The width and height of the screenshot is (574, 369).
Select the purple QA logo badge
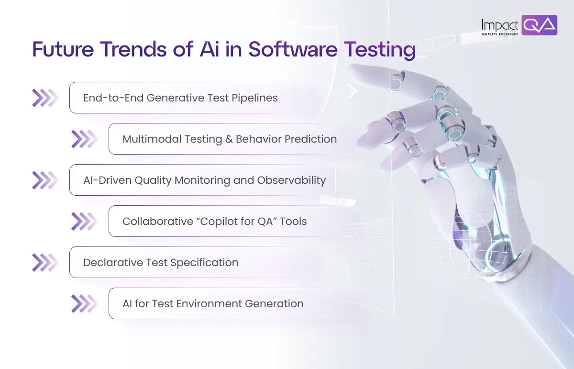(x=539, y=25)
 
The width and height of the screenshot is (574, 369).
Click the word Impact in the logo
(x=500, y=24)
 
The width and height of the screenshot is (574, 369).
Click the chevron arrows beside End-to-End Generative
(x=45, y=98)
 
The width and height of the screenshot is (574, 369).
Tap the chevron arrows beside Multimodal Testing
(x=84, y=139)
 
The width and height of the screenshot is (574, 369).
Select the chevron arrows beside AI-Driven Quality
(x=45, y=180)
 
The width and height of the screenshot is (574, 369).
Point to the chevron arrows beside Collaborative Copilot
(x=84, y=221)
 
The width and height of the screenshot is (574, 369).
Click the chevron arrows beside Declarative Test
(x=45, y=262)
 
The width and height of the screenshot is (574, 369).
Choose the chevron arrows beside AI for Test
(x=84, y=303)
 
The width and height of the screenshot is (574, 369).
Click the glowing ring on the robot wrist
(x=498, y=252)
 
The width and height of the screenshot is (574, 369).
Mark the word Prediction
(x=311, y=139)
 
